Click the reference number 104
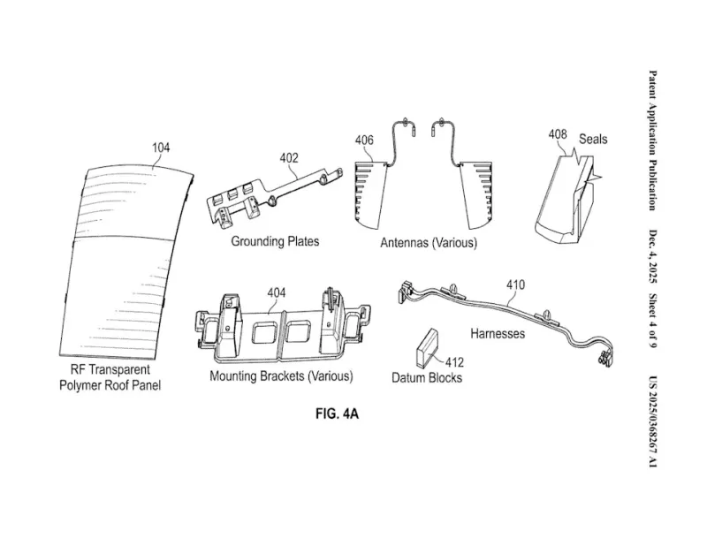[160, 148]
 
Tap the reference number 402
[289, 158]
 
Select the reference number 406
[364, 140]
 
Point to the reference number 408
[557, 135]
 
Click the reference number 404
[277, 292]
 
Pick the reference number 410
[515, 284]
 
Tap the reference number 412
[454, 361]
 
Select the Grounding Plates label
[275, 240]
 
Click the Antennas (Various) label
[429, 243]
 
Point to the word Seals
[593, 140]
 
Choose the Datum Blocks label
[427, 378]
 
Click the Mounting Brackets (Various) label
[281, 376]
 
